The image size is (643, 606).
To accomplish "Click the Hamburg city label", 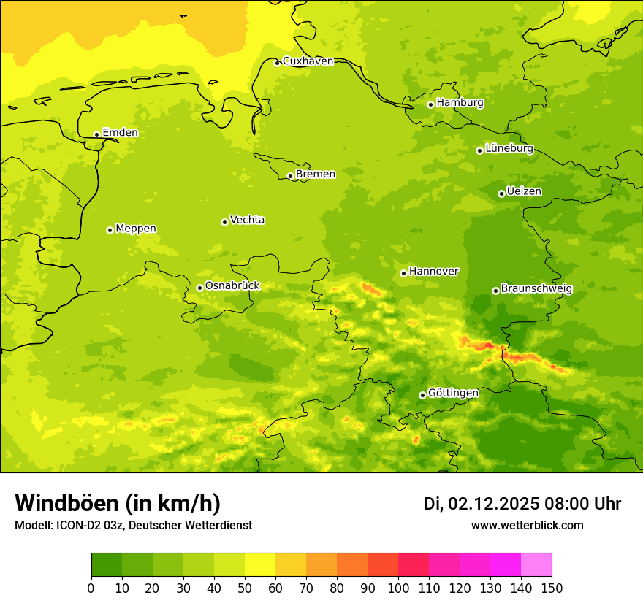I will point(460,103).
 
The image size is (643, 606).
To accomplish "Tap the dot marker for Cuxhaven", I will point(277,63).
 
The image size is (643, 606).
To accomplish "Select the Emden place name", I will point(120,133).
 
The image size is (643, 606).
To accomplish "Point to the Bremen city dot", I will point(290,176).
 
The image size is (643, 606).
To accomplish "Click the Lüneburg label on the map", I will point(509,148).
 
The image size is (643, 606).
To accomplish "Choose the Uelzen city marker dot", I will point(501,193).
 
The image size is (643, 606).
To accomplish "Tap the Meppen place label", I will point(136,229).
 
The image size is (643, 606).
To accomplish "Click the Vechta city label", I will point(247,220).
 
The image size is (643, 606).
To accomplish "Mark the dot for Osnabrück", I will point(199,288).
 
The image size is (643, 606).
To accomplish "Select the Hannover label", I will point(433,272).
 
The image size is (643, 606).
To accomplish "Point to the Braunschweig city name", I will point(536,289).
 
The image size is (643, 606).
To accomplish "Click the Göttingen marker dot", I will point(422,395).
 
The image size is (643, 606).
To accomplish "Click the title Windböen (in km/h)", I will point(118,503).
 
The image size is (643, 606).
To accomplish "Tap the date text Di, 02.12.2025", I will point(482,504).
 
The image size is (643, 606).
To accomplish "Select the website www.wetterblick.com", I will point(527,525).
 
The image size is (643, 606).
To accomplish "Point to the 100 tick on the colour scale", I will point(398,588).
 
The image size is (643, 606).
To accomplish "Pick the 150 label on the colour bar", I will point(552,588).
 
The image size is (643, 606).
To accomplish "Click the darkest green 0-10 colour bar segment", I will point(107,564).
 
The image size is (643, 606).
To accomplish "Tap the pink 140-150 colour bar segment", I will point(536,564).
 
